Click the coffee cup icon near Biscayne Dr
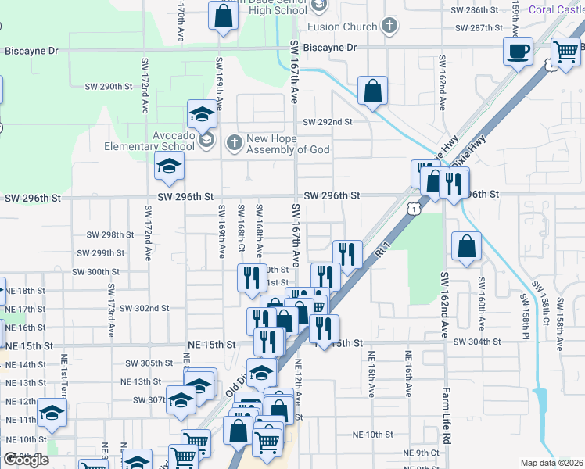tap(518, 52)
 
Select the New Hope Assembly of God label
tap(288, 144)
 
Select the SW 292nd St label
tap(328, 122)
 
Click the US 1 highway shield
tap(412, 209)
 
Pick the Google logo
tap(26, 459)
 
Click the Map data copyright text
tap(551, 463)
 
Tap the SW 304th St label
tap(476, 342)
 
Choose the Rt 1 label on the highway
tap(382, 251)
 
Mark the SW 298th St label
tap(110, 234)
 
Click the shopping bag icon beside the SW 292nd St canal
tap(373, 91)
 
